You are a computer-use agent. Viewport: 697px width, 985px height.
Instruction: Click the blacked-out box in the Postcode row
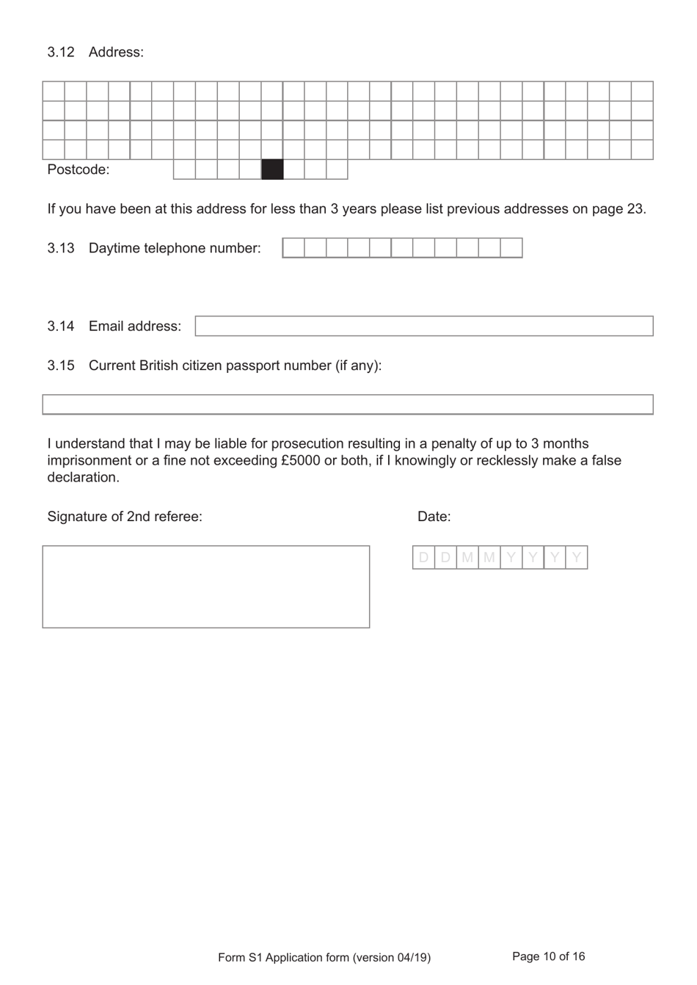tap(272, 170)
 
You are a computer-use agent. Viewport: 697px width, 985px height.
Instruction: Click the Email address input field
tap(423, 326)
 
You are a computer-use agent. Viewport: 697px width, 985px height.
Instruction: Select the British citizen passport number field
tap(347, 404)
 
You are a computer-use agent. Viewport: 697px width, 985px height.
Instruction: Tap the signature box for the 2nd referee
tap(205, 586)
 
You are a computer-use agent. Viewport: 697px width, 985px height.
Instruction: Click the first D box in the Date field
tap(423, 558)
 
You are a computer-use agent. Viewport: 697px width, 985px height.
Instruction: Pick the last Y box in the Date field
tap(577, 558)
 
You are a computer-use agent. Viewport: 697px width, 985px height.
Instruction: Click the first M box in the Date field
tap(467, 558)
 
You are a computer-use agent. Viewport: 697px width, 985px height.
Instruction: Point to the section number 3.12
tap(61, 52)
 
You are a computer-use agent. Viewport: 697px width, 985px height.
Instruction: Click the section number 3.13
tap(61, 248)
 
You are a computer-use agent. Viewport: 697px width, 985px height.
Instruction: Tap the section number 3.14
tap(61, 326)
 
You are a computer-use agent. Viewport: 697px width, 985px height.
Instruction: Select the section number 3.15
tap(61, 366)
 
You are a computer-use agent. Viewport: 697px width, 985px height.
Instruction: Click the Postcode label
tap(78, 170)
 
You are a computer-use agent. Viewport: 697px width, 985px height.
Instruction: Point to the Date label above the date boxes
tap(434, 517)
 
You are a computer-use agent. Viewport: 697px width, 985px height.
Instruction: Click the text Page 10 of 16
tap(548, 956)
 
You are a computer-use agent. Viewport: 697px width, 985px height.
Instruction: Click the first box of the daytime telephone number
tap(293, 248)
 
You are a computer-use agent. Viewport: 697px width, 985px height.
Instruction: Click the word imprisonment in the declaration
tap(90, 461)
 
